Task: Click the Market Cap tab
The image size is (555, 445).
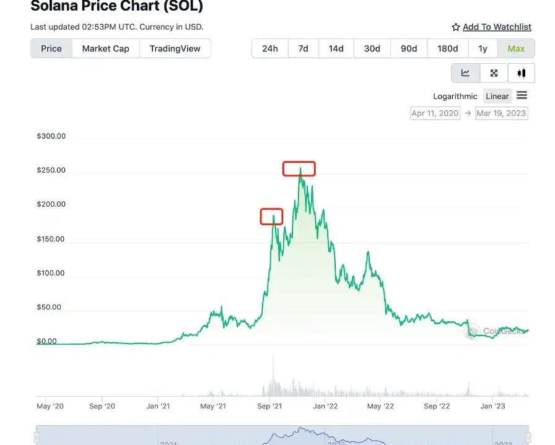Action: (105, 48)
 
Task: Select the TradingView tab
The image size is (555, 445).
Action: (175, 48)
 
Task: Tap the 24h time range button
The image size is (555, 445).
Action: (269, 48)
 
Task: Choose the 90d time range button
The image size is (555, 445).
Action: (409, 48)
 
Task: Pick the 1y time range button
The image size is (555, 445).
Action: (483, 48)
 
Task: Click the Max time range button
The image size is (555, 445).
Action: (516, 48)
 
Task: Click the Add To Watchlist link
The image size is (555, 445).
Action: (497, 27)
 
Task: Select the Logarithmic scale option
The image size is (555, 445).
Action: (455, 96)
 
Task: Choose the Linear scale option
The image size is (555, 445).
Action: (497, 96)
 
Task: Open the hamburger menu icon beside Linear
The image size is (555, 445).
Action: (522, 95)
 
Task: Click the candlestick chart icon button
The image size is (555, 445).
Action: (522, 73)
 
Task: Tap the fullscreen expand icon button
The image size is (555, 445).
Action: (494, 73)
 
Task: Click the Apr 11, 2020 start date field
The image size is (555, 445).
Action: (435, 113)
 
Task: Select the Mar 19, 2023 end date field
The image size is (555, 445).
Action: (501, 113)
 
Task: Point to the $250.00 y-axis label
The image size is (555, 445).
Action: (51, 170)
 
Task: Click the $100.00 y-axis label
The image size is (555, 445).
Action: (51, 273)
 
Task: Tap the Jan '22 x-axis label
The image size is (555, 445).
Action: (325, 406)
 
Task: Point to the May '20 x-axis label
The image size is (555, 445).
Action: (50, 406)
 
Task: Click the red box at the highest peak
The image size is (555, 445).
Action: (299, 168)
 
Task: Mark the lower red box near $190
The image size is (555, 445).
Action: (271, 216)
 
